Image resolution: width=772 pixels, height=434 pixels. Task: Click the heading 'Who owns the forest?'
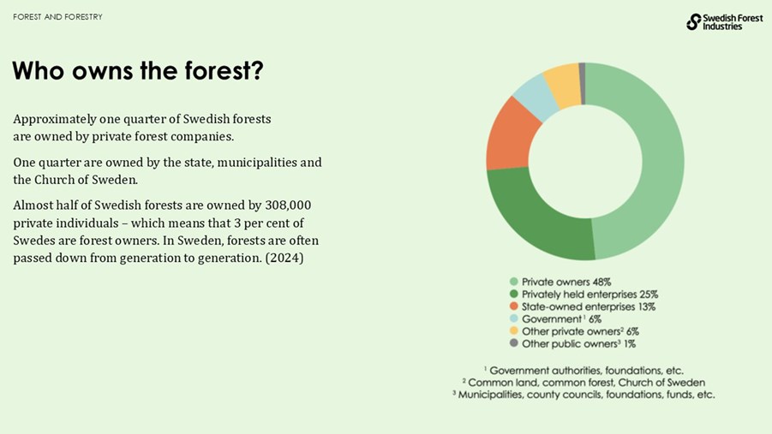click(137, 71)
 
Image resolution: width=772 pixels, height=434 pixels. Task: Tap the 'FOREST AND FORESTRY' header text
click(57, 17)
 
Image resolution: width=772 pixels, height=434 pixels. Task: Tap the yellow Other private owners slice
click(563, 79)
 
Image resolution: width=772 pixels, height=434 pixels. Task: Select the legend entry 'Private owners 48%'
click(566, 282)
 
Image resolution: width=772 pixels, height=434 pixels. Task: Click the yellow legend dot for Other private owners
click(514, 331)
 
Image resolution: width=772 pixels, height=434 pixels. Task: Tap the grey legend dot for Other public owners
click(514, 343)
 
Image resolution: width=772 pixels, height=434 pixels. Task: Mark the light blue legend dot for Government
click(514, 318)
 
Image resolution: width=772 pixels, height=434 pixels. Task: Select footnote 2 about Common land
click(583, 383)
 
